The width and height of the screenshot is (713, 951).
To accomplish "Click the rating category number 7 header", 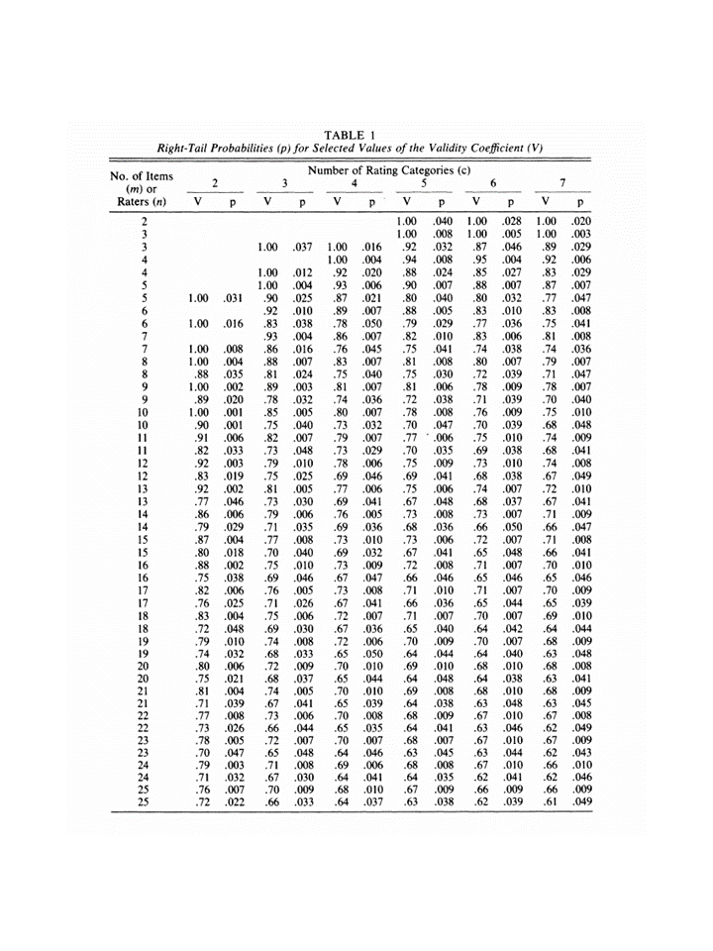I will pyautogui.click(x=561, y=184).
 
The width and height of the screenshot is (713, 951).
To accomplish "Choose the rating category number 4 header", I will pyautogui.click(x=354, y=184).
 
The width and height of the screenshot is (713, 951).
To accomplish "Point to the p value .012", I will pyautogui.click(x=303, y=272).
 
